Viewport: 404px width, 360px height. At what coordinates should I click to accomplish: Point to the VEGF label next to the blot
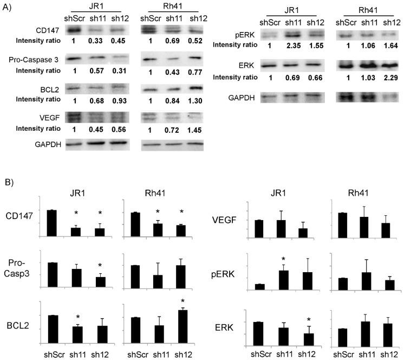[x=22, y=116]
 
